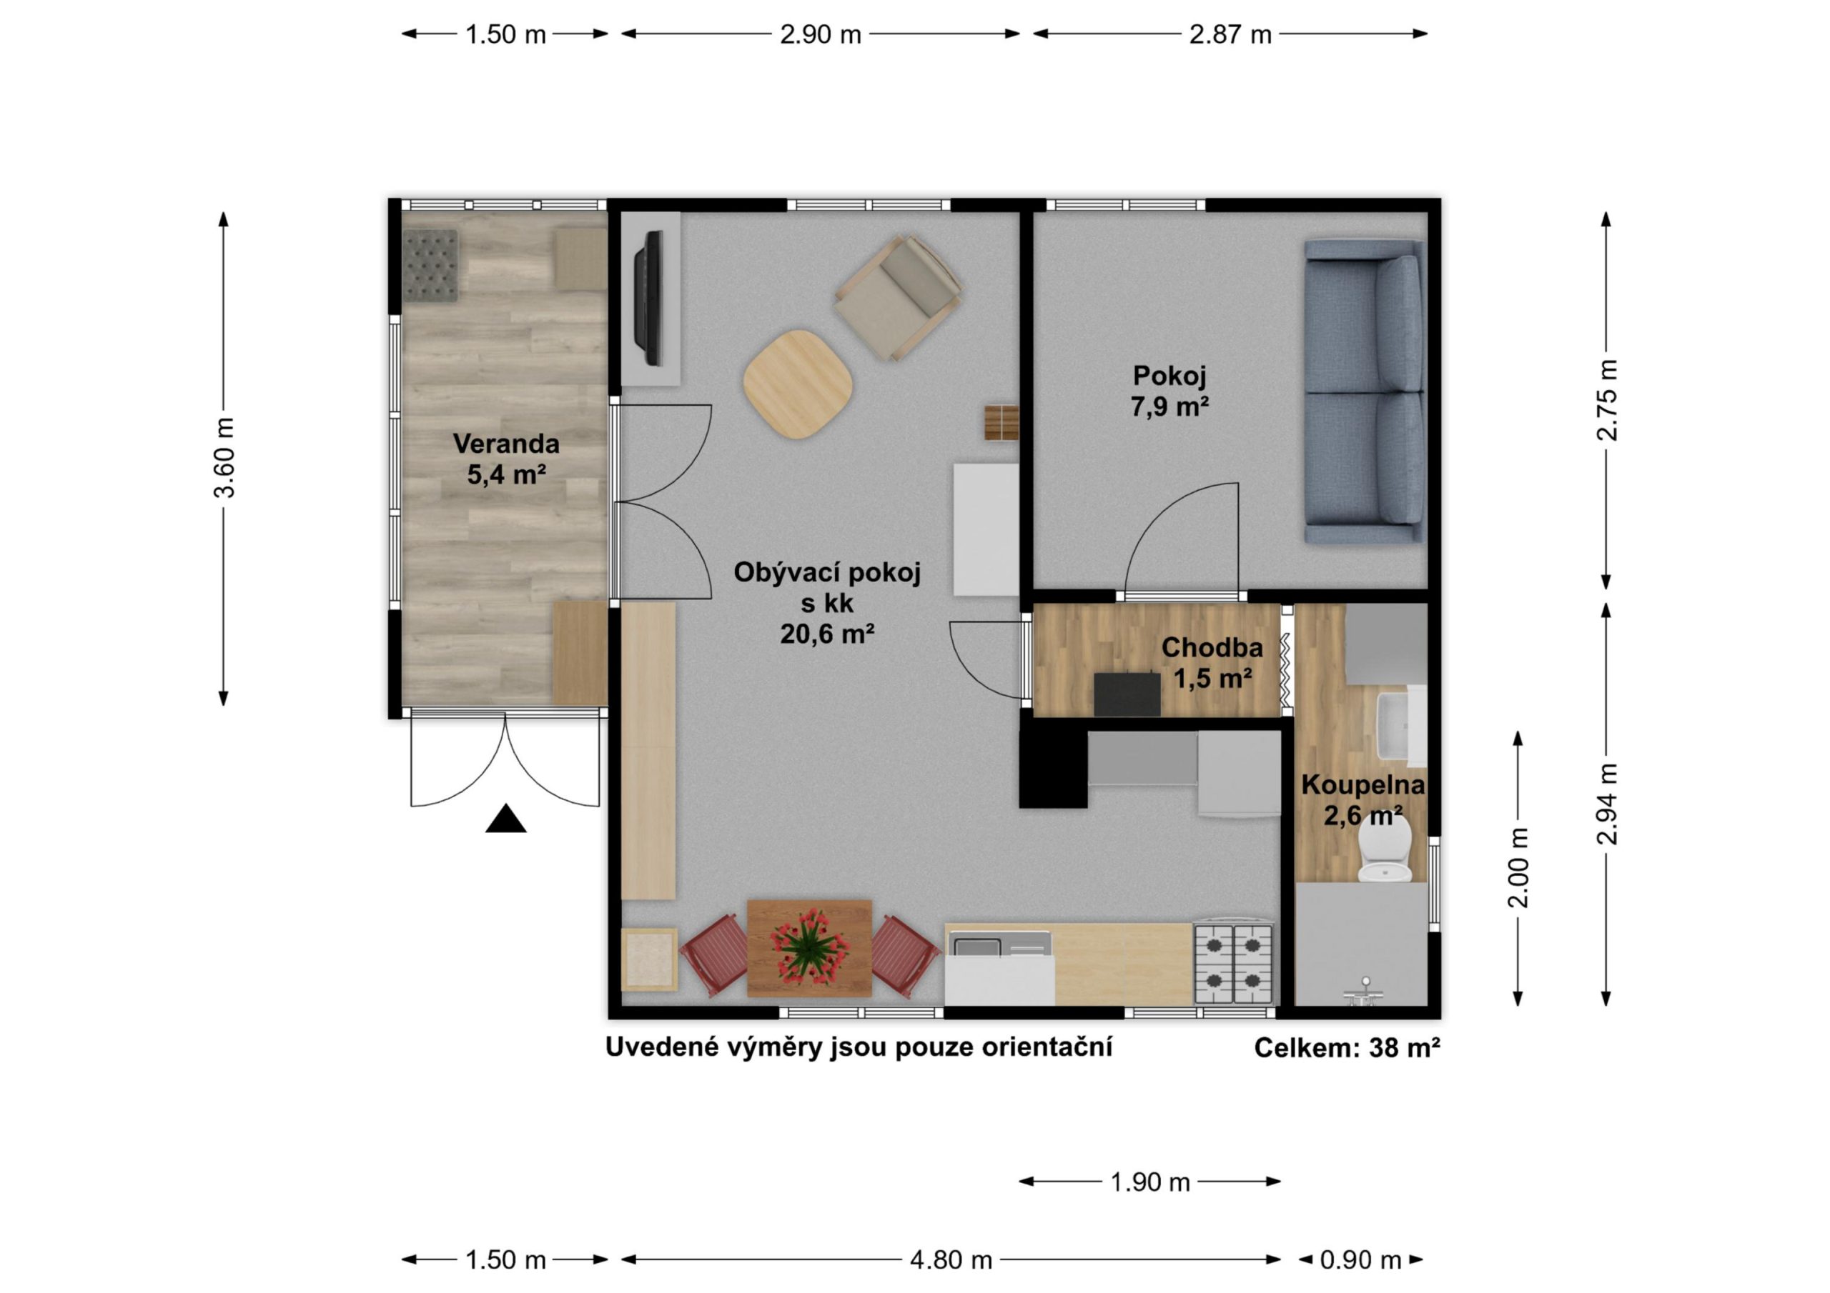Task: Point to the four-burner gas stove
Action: click(x=1233, y=962)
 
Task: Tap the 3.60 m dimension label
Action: click(x=224, y=457)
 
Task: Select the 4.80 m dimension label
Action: click(x=951, y=1259)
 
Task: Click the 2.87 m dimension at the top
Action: click(x=1230, y=34)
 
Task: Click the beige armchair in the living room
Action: click(x=899, y=297)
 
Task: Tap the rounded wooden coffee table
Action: click(x=798, y=383)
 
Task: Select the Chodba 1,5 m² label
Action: click(x=1212, y=662)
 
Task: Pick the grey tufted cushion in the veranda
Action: click(x=430, y=265)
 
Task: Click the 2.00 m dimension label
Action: click(x=1519, y=867)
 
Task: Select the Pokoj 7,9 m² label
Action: click(x=1169, y=390)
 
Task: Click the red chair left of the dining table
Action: click(x=715, y=955)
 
